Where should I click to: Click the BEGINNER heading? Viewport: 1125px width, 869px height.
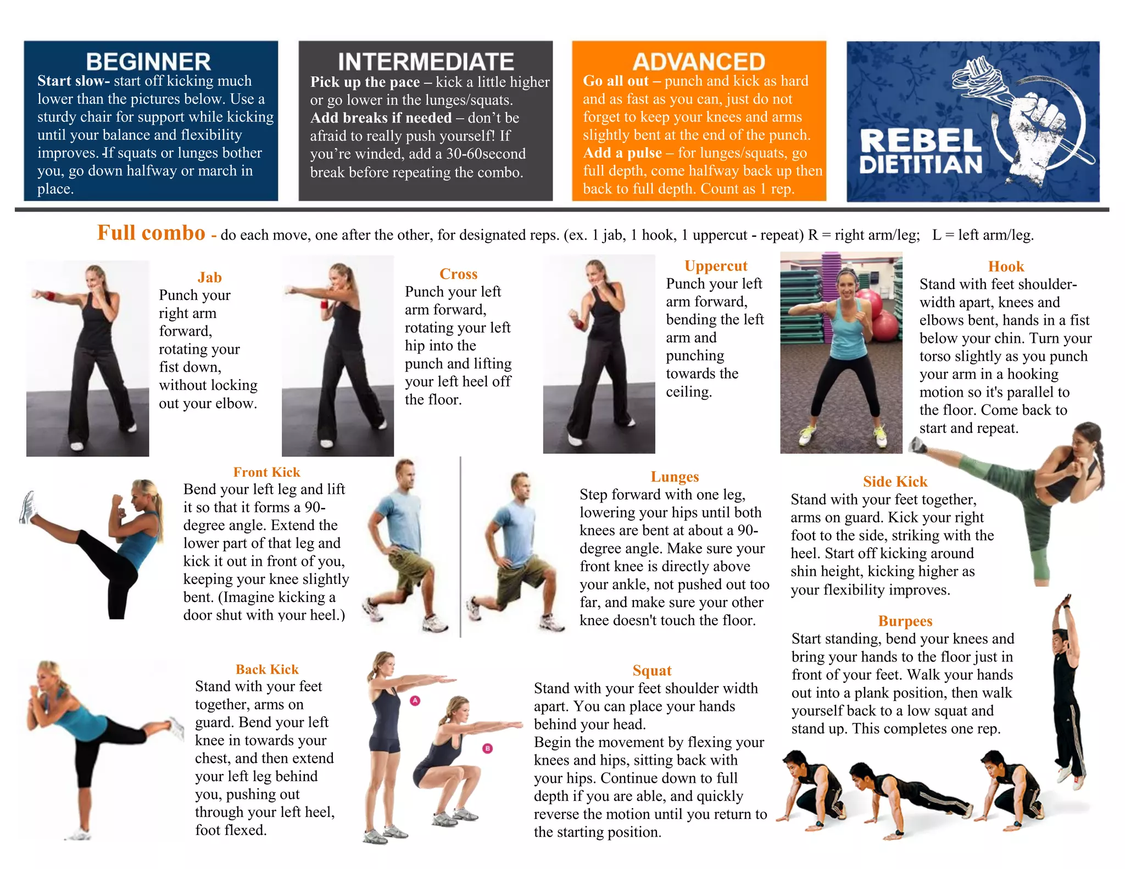tap(148, 62)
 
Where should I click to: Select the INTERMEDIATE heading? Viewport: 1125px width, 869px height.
tap(426, 62)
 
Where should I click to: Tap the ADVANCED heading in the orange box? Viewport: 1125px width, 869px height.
tap(699, 62)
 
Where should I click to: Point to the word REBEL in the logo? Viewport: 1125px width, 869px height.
tap(920, 141)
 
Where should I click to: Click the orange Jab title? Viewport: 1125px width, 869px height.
tap(209, 277)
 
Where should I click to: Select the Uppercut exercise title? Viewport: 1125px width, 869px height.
tap(716, 266)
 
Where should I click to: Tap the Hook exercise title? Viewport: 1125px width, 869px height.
tap(1006, 266)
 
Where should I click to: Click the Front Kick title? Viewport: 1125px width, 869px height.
tap(266, 472)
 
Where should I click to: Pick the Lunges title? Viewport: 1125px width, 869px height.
tap(675, 477)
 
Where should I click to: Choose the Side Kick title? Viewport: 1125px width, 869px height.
tap(895, 482)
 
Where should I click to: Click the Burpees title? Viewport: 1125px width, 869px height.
tap(905, 621)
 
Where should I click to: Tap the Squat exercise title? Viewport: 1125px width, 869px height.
tap(652, 671)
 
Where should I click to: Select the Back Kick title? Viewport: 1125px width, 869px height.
tap(267, 669)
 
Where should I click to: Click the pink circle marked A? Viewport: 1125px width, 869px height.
tap(415, 700)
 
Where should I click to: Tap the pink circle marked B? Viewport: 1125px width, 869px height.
tap(487, 748)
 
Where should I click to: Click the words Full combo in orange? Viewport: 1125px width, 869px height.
tap(151, 233)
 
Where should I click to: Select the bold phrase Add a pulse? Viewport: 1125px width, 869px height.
tap(622, 153)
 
